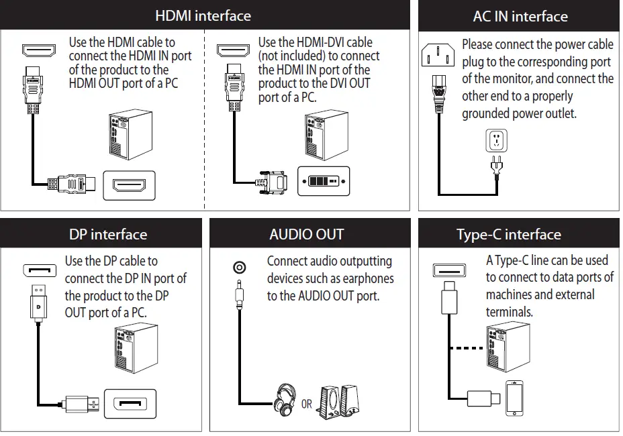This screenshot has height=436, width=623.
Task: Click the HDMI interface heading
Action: tap(203, 15)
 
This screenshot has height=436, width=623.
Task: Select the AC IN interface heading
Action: tap(520, 17)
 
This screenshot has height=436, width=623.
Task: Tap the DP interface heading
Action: tap(107, 234)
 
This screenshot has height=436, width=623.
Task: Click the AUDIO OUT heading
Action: tap(306, 234)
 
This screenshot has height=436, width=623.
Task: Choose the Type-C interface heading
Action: tap(508, 234)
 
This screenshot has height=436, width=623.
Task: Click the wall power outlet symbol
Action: tap(496, 141)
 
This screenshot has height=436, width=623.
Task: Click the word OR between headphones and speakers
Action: tap(307, 404)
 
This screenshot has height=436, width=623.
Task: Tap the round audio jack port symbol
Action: tap(239, 268)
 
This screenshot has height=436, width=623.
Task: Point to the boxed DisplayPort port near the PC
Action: tap(131, 404)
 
